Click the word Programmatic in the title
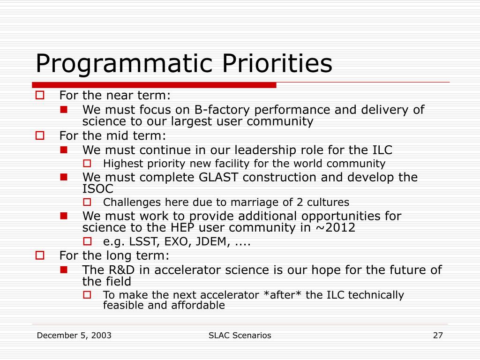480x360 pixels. (124, 64)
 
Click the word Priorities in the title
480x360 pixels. (277, 63)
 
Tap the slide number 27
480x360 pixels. (438, 336)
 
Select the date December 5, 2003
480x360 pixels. (74, 336)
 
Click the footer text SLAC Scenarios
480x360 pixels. (240, 336)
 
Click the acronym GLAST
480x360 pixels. (218, 177)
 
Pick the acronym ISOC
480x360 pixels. (97, 189)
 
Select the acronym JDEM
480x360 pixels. (213, 241)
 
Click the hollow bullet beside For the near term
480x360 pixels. (40, 95)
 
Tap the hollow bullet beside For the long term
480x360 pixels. (40, 255)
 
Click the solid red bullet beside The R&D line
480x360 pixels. (64, 270)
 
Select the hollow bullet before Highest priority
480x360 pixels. (87, 164)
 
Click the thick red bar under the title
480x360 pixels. (154, 85)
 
